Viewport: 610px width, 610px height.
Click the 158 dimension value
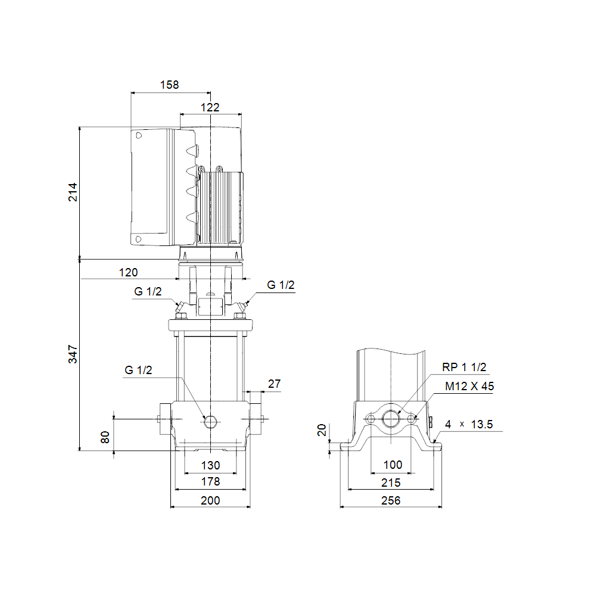point(169,85)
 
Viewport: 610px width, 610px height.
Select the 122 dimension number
point(210,107)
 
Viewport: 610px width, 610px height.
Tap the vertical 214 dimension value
point(73,192)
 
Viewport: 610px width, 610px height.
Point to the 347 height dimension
point(73,354)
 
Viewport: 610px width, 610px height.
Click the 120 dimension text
point(129,272)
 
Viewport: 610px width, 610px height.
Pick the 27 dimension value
point(274,384)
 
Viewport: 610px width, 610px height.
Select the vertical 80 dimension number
point(105,437)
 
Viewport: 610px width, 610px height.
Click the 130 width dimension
point(210,465)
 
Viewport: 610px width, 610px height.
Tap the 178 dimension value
point(210,481)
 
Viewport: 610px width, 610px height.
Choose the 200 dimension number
point(210,500)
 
